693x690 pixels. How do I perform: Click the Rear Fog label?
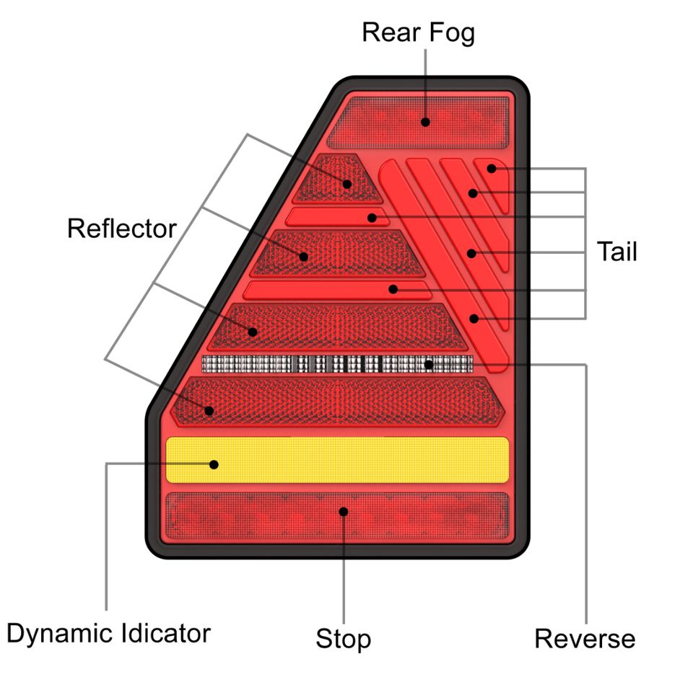click(418, 32)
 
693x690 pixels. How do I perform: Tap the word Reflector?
click(121, 229)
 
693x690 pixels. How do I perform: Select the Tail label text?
click(616, 252)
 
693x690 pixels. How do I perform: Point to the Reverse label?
click(585, 638)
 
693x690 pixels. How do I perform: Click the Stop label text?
click(343, 638)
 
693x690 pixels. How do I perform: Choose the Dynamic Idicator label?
click(108, 634)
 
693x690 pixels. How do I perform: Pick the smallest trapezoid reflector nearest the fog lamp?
click(335, 179)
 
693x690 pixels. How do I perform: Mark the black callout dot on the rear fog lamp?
click(425, 122)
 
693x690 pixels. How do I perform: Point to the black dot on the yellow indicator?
click(214, 464)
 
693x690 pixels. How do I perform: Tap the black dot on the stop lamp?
click(344, 511)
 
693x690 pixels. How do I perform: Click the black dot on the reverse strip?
click(429, 364)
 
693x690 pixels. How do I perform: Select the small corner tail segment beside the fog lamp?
click(494, 180)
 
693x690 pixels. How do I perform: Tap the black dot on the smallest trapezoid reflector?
click(347, 184)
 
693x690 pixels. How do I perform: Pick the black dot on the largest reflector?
click(209, 411)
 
